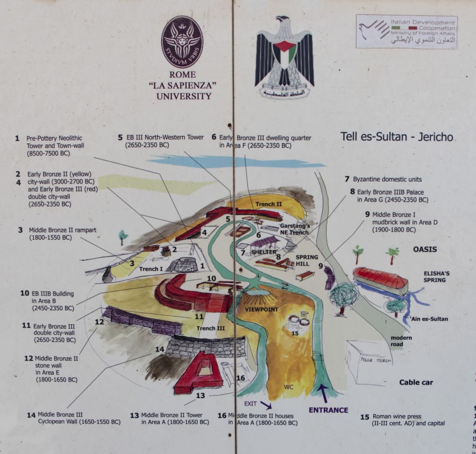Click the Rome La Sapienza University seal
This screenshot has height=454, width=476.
point(183,42)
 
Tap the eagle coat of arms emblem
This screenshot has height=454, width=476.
point(284,57)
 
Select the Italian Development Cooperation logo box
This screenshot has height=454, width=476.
point(407,32)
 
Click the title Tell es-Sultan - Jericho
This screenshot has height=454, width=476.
point(397,137)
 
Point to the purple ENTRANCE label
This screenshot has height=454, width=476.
point(329,410)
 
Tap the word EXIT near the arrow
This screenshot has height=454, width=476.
point(251,404)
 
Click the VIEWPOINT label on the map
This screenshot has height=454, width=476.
point(261,309)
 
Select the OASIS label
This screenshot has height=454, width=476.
point(424,249)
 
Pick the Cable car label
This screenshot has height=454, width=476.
point(416,382)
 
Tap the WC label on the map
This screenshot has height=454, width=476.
point(289,387)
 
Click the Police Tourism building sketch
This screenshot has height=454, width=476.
point(372,362)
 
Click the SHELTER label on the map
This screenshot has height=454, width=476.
point(264,252)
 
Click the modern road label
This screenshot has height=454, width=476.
point(401,341)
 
